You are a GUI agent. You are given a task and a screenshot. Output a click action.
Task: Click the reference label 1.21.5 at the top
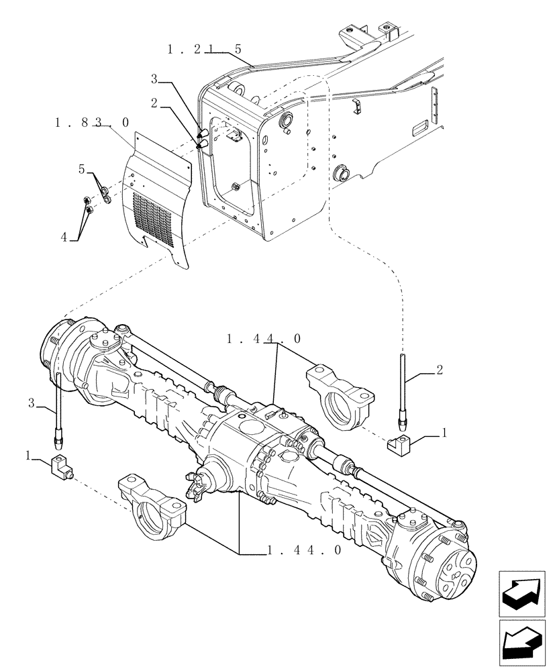(x=204, y=50)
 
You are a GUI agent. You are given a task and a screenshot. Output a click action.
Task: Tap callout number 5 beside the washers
(x=81, y=169)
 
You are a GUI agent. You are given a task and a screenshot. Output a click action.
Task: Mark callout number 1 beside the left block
(x=28, y=455)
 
